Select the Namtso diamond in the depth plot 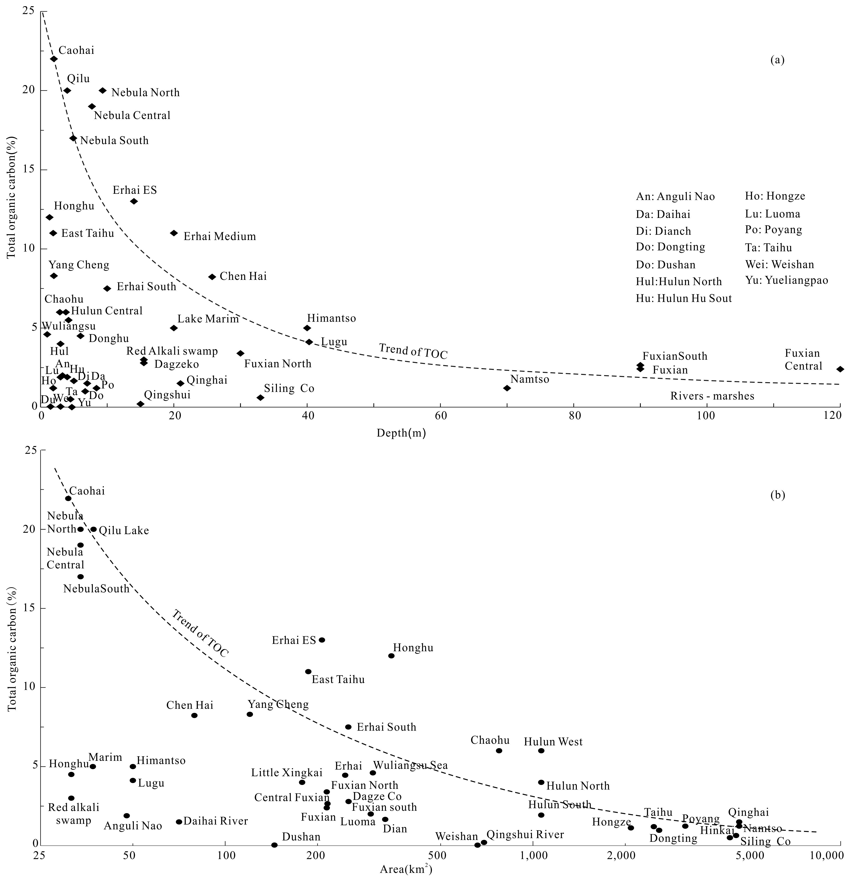pyautogui.click(x=507, y=388)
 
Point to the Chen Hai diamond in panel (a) pyautogui.click(x=212, y=277)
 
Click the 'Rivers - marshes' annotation pyautogui.click(x=712, y=396)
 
